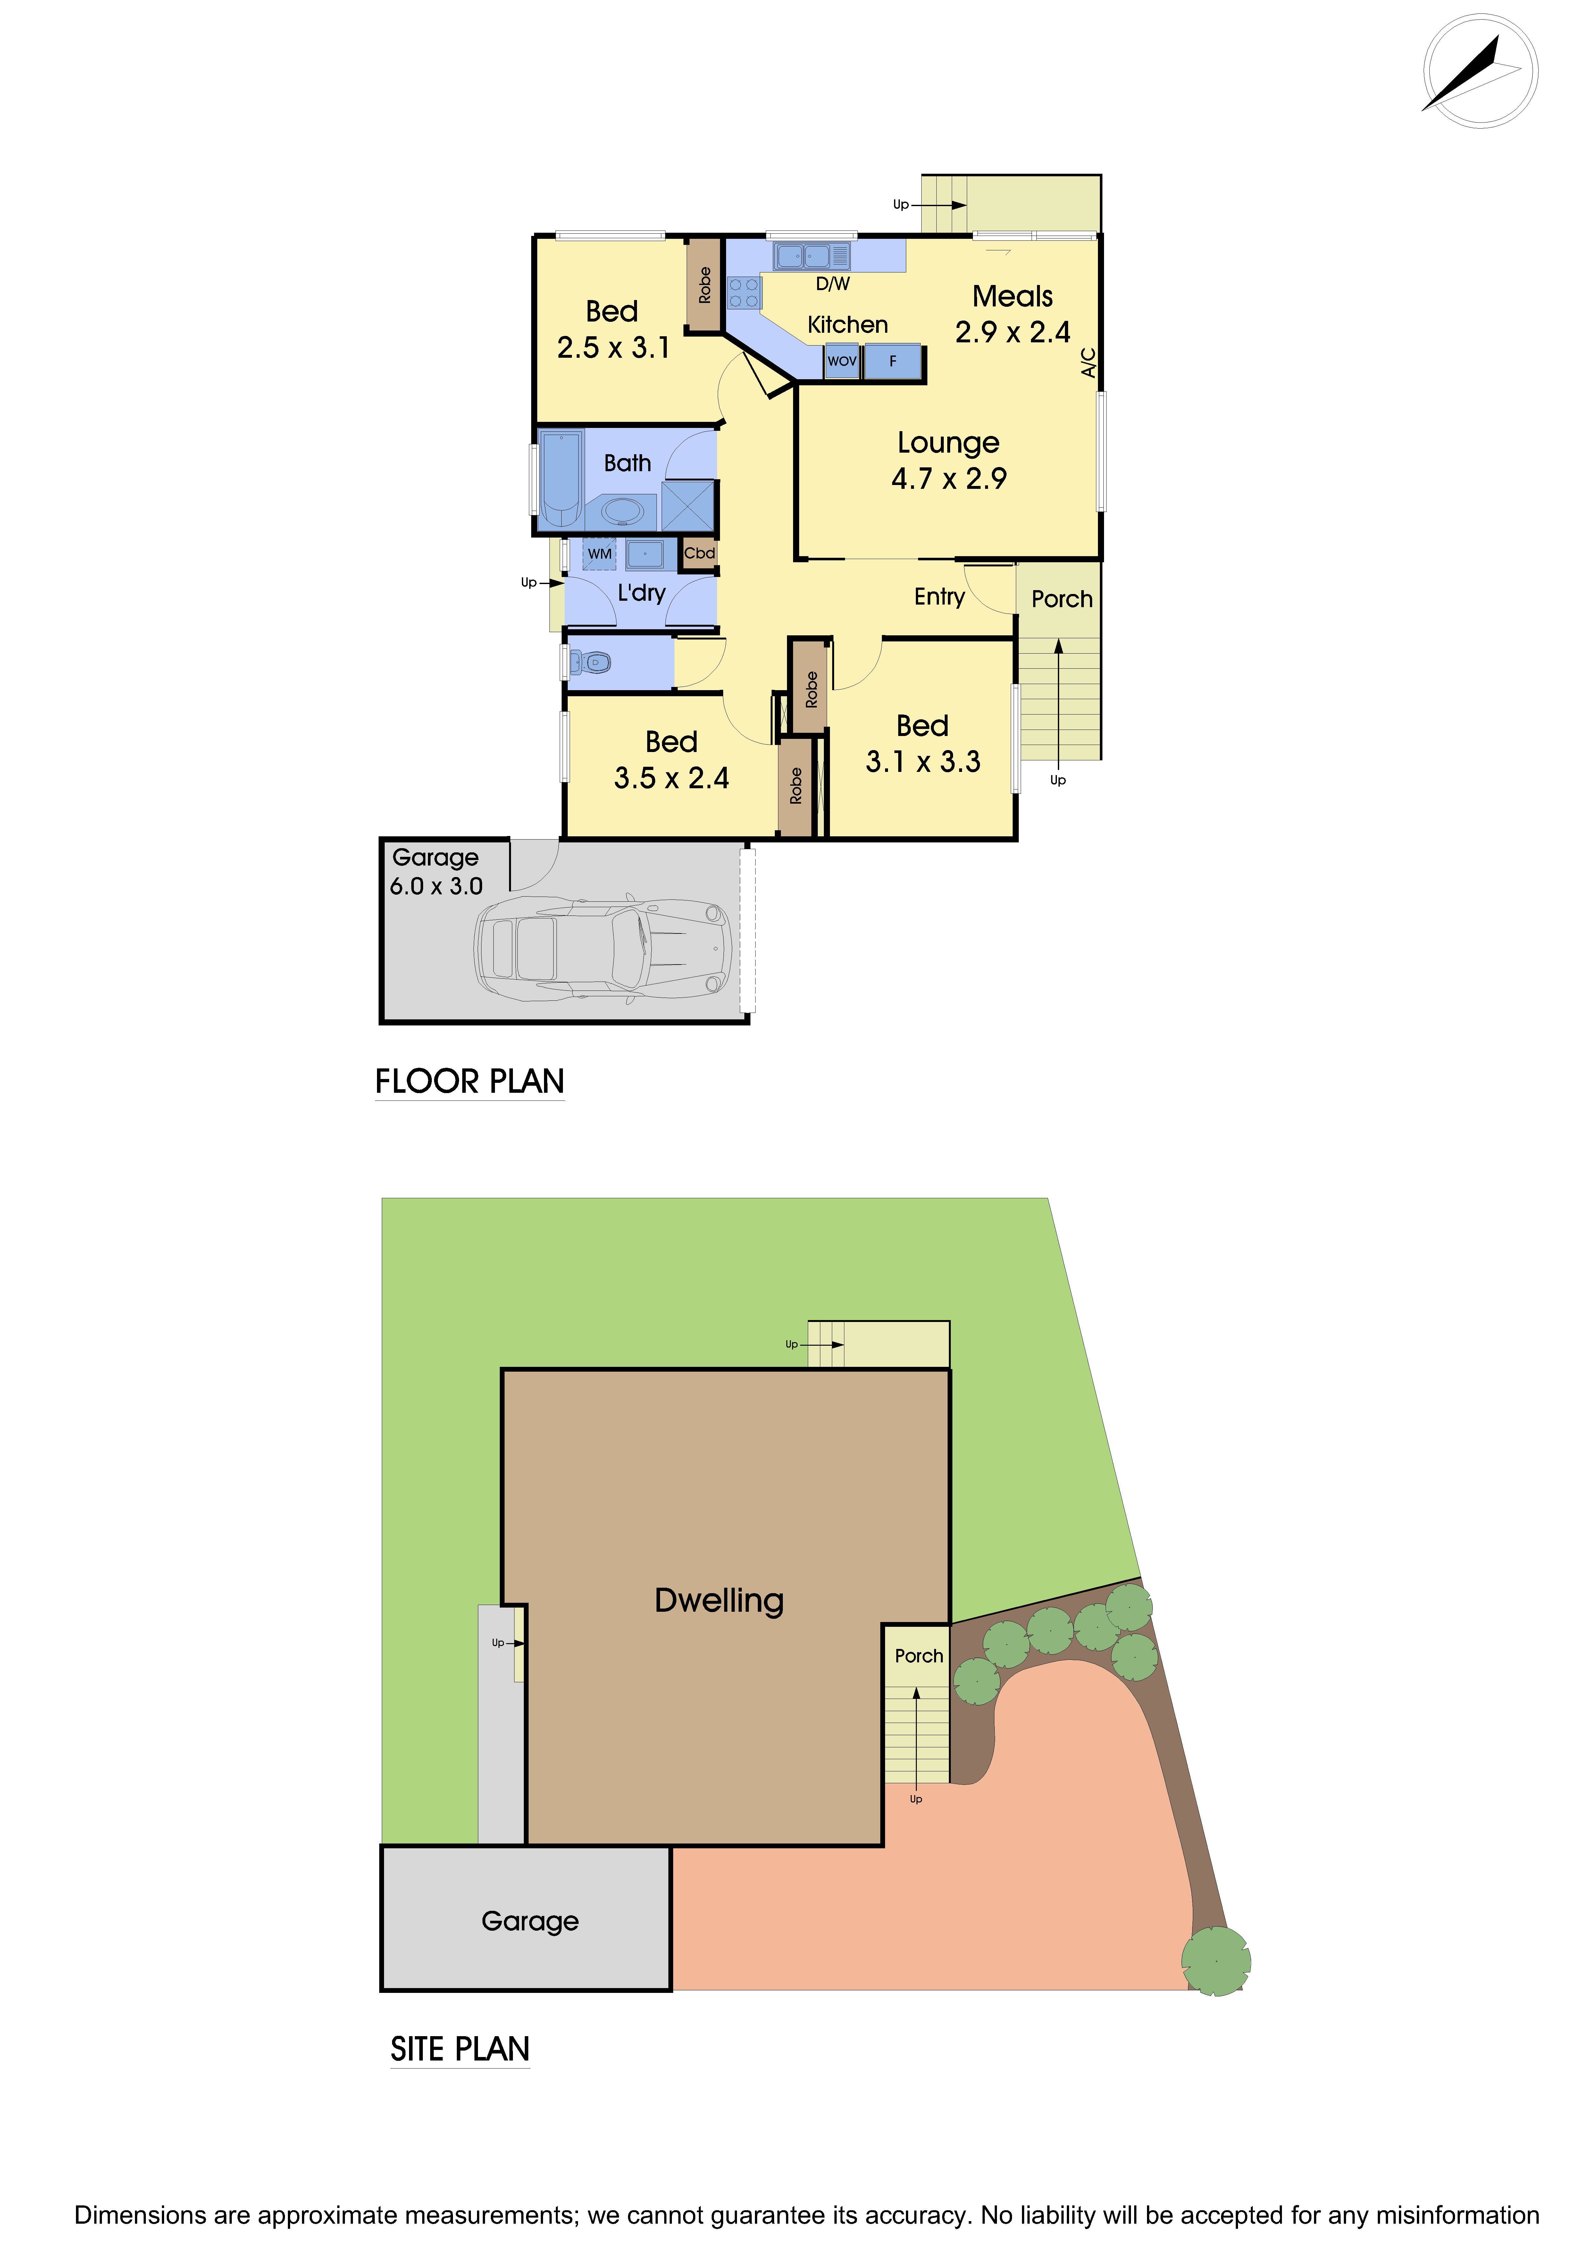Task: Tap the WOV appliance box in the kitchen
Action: click(841, 362)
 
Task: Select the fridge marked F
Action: click(892, 362)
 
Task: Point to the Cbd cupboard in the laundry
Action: click(699, 553)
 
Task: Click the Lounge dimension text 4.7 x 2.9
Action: click(948, 479)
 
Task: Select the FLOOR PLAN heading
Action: click(469, 1082)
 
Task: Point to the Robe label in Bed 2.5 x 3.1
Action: click(704, 285)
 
